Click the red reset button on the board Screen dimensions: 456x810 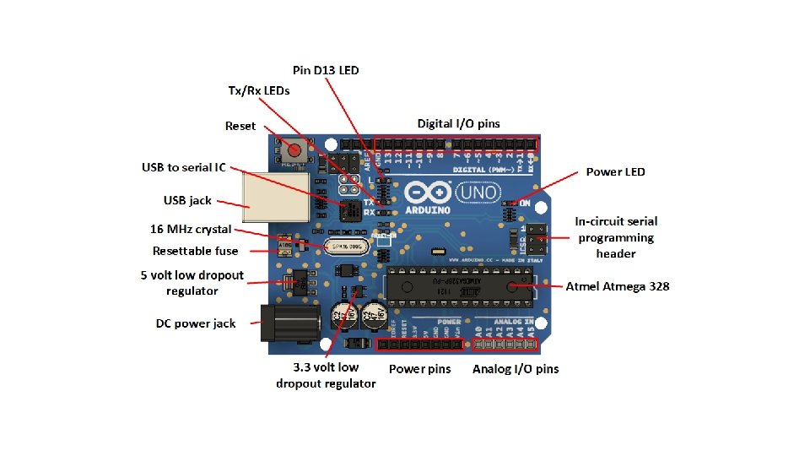click(x=294, y=150)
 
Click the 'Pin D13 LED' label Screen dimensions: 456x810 click(x=326, y=70)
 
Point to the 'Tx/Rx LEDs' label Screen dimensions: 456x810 click(x=259, y=90)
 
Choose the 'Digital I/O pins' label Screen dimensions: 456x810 click(x=458, y=123)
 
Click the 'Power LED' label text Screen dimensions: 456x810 click(x=615, y=171)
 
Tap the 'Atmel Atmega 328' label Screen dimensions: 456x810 click(x=617, y=286)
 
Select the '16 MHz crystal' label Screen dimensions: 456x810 click(x=191, y=229)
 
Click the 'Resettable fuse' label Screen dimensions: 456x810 click(x=195, y=251)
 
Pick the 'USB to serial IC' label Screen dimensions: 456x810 click(x=183, y=167)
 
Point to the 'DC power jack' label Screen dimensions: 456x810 click(x=196, y=323)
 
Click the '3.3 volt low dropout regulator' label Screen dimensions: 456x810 click(x=326, y=375)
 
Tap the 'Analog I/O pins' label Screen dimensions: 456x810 click(x=515, y=369)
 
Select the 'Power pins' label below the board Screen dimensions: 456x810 click(x=419, y=369)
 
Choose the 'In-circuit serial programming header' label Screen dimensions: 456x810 click(x=616, y=237)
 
